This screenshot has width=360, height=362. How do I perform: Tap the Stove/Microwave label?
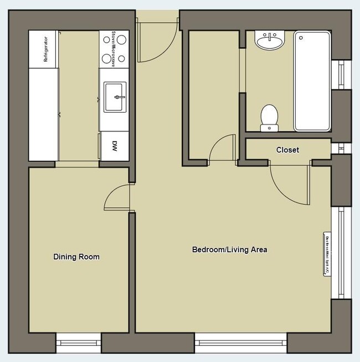tap(114, 48)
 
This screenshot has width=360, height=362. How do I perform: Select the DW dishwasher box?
tap(115, 146)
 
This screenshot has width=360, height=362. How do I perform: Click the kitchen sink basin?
tap(115, 96)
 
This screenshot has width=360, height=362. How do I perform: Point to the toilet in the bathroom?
tap(270, 116)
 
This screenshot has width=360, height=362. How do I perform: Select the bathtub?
tap(312, 81)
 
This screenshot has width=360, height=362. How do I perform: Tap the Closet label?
tap(287, 150)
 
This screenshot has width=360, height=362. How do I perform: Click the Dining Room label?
tap(76, 257)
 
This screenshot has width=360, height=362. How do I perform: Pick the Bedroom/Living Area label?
tap(229, 249)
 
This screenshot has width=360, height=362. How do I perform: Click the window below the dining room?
tap(78, 343)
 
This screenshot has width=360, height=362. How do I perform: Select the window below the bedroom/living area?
tap(240, 343)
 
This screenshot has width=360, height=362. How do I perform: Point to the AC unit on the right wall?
tap(326, 253)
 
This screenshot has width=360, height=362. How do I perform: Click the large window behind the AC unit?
tap(341, 252)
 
